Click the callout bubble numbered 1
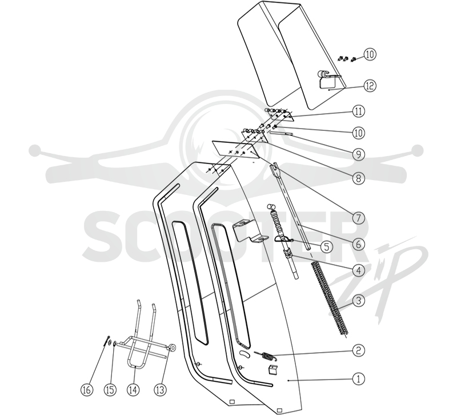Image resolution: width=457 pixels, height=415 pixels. pyautogui.click(x=359, y=379)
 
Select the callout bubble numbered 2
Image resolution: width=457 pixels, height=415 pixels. pyautogui.click(x=359, y=350)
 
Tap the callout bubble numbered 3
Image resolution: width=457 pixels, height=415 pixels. pyautogui.click(x=359, y=300)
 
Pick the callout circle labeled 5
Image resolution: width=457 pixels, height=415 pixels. pyautogui.click(x=326, y=247)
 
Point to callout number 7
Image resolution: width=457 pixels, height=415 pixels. pyautogui.click(x=359, y=218)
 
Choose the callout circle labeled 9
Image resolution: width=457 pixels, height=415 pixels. pyautogui.click(x=359, y=154)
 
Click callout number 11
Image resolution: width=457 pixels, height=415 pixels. pyautogui.click(x=359, y=111)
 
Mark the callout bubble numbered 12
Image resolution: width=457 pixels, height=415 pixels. pyautogui.click(x=370, y=86)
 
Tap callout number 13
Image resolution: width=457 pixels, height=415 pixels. pyautogui.click(x=160, y=390)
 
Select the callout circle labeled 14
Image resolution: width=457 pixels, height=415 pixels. pyautogui.click(x=133, y=390)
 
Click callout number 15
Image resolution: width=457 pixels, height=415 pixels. pyautogui.click(x=110, y=390)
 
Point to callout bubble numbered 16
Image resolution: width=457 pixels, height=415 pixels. pyautogui.click(x=87, y=390)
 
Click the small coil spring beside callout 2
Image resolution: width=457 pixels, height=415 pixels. pyautogui.click(x=264, y=356)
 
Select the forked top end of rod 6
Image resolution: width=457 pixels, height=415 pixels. pyautogui.click(x=275, y=169)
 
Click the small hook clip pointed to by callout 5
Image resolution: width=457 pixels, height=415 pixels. pyautogui.click(x=283, y=240)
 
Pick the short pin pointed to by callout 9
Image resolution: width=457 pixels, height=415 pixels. pyautogui.click(x=282, y=134)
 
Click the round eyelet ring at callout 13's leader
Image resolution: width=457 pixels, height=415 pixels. pyautogui.click(x=173, y=348)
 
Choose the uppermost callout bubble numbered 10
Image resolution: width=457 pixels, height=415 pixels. pyautogui.click(x=370, y=54)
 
